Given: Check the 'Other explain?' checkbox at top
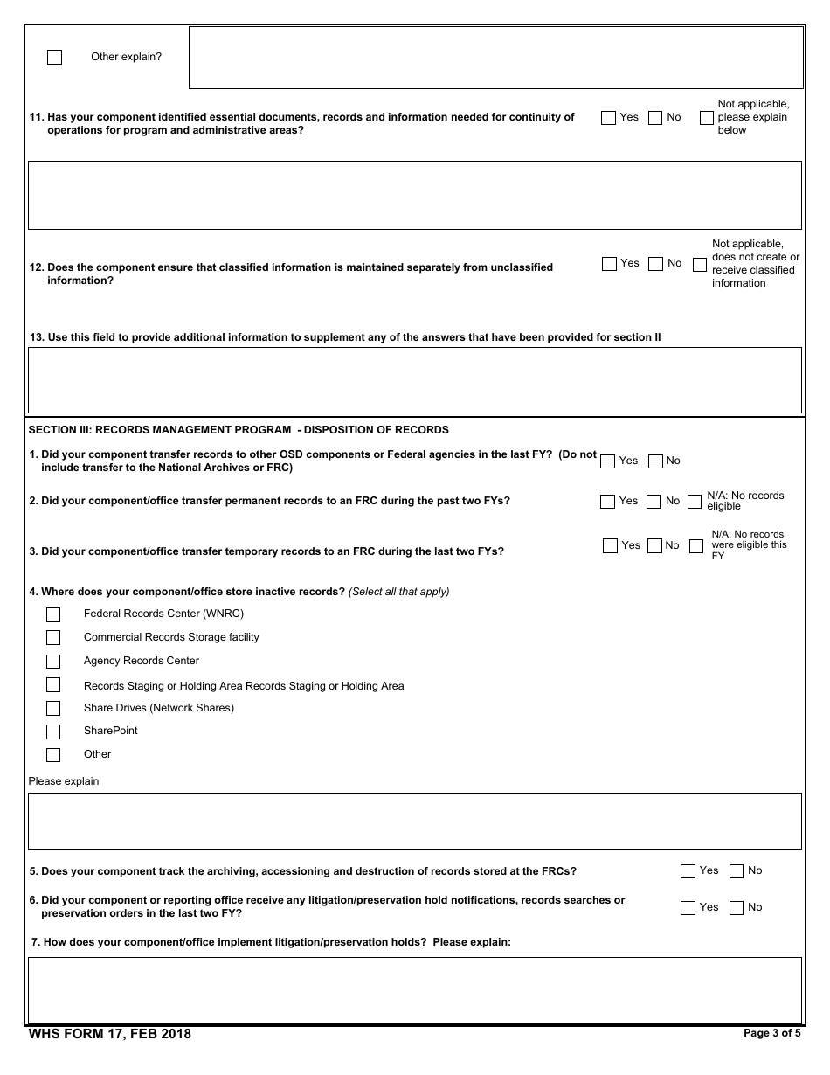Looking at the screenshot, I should pos(54,58).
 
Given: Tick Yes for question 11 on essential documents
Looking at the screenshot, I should pos(608,118).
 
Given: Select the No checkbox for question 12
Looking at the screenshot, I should pos(655,264).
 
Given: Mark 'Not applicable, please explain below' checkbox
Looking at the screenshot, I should pos(706,118).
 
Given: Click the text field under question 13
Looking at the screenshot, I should pos(414,380).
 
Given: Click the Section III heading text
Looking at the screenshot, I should pos(239,430).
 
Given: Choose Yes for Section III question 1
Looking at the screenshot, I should pos(607,461).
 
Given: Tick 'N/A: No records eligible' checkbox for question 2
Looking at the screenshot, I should pos(694,502).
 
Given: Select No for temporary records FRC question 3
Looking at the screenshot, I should pos(655,546).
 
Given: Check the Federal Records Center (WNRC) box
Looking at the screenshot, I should pos(53,614).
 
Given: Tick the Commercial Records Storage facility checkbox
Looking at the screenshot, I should pos(53,638).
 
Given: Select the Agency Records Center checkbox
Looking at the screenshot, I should pos(53,662).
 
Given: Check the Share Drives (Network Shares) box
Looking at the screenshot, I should pos(53,709).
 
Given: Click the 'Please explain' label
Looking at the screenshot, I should pos(64,781).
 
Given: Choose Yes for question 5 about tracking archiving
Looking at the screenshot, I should pos(688,871).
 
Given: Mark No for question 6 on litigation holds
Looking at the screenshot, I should pos(736,908).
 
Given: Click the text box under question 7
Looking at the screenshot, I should pos(414,990).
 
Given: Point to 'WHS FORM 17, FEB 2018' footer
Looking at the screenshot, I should pos(110,1035).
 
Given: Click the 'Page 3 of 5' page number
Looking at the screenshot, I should pos(771,1033).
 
